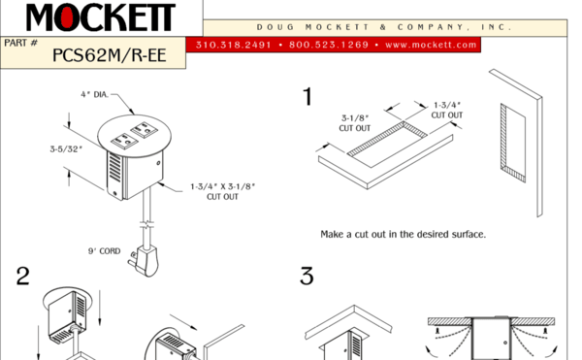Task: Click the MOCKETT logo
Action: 100,17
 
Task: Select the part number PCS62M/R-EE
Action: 109,55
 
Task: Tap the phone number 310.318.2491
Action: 234,45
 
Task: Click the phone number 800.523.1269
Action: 329,45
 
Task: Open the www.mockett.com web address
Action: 431,45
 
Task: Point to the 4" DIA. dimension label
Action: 95,95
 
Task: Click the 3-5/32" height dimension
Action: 66,149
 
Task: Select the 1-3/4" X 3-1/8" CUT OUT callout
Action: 223,191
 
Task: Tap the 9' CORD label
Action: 105,251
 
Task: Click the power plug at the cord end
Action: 145,260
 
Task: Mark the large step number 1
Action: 307,96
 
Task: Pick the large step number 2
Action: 22,277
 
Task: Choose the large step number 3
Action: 307,277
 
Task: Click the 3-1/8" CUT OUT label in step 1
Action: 355,123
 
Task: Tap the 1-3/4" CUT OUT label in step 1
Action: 447,111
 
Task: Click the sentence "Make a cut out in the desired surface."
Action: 404,234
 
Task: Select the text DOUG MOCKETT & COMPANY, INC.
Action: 384,27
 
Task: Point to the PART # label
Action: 20,43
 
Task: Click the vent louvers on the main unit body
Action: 115,168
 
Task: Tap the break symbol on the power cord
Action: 147,224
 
